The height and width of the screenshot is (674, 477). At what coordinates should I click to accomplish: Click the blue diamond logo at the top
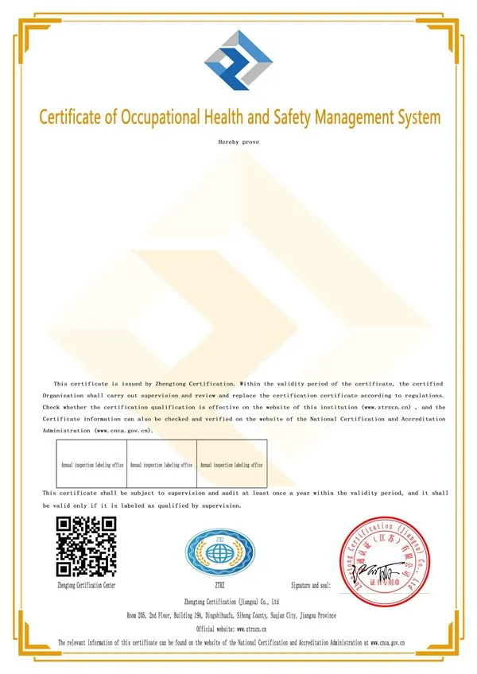click(x=238, y=60)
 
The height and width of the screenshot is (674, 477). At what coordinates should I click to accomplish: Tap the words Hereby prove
click(x=238, y=141)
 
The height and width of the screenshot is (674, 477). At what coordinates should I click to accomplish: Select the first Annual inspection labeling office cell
click(x=93, y=465)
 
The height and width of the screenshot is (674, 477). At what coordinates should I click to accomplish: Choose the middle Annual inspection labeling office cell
click(x=161, y=465)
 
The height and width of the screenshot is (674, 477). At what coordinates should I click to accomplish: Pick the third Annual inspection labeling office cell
click(x=231, y=465)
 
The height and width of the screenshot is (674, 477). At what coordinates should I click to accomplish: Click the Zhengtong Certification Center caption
click(x=87, y=585)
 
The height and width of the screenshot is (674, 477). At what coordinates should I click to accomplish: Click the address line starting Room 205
click(x=231, y=615)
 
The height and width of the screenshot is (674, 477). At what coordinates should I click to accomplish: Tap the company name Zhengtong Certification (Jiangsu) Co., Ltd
click(x=231, y=602)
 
